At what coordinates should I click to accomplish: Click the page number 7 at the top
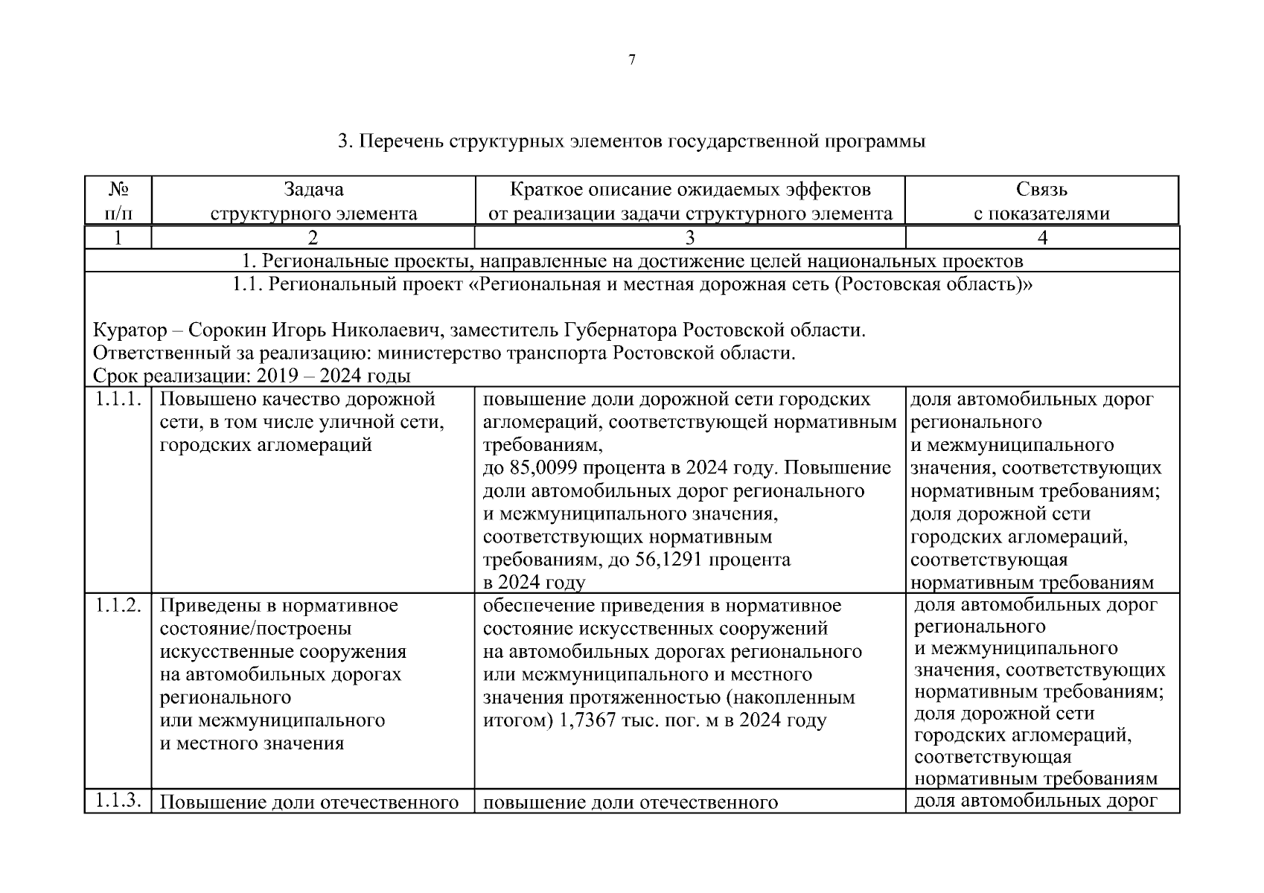click(632, 60)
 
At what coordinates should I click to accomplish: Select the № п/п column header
click(118, 202)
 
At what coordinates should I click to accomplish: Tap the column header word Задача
click(313, 190)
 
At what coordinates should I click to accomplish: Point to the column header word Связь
click(1041, 190)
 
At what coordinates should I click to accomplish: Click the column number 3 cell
click(690, 237)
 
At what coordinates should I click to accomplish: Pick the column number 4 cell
click(1042, 237)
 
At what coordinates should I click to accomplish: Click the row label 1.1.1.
click(118, 399)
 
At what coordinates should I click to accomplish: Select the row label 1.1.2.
click(118, 605)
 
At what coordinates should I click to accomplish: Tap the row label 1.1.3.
click(118, 801)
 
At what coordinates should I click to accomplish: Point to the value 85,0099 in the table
click(545, 468)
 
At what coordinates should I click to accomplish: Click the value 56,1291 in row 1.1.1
click(668, 560)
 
